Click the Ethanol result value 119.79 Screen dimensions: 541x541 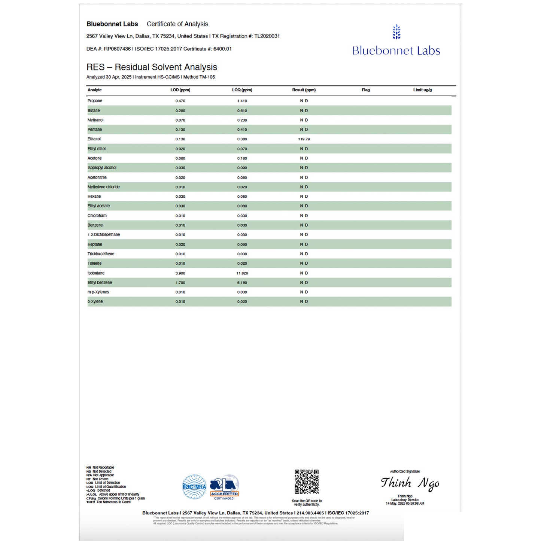pos(304,139)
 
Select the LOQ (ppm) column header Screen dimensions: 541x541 pos(242,90)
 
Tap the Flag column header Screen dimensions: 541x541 pos(365,90)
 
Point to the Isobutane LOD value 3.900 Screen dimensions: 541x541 pos(180,273)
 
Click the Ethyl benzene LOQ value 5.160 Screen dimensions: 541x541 pos(242,283)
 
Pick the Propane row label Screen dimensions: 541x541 pos(95,101)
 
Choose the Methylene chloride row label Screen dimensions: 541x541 pos(104,187)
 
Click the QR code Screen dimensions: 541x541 pos(306,482)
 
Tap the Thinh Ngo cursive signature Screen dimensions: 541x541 pos(410,483)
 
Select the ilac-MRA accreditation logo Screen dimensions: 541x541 pos(194,487)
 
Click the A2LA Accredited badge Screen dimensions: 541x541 pos(224,487)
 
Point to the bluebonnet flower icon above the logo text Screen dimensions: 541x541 pos(396,32)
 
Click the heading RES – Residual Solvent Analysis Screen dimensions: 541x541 pos(152,67)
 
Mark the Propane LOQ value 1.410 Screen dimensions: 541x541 pos(242,101)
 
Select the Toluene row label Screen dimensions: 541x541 pos(94,263)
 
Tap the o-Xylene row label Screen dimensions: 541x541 pos(95,301)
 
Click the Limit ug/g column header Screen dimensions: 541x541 pos(422,90)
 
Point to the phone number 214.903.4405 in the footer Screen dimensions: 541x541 pos(310,513)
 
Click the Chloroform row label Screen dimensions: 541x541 pos(97,216)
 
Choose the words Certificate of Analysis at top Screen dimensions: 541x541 pos(177,24)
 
